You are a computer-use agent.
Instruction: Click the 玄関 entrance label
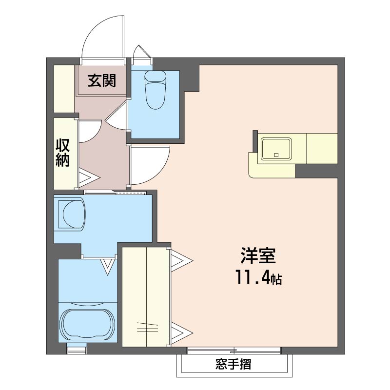(102, 80)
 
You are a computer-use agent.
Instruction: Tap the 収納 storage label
(62, 153)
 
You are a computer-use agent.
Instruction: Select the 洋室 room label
(258, 255)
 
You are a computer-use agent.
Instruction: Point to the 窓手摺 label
(233, 364)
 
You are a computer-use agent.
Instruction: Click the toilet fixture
(156, 90)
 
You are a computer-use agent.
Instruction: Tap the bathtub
(88, 324)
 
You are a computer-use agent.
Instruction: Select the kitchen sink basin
(276, 149)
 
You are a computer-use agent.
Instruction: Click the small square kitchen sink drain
(276, 155)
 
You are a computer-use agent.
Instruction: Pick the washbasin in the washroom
(72, 213)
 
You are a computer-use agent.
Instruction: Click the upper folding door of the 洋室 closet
(181, 260)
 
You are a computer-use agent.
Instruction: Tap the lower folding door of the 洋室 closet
(181, 333)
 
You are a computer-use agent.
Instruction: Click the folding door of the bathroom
(107, 266)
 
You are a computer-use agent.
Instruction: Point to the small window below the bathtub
(77, 349)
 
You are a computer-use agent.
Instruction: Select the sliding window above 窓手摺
(234, 351)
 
